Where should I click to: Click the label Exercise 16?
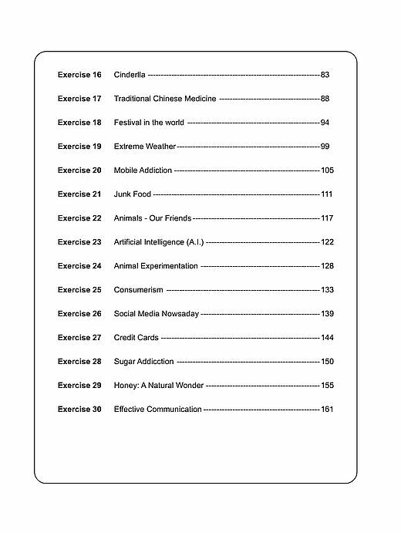point(79,75)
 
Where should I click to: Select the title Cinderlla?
point(130,75)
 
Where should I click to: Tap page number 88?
point(325,99)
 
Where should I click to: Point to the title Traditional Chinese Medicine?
point(165,99)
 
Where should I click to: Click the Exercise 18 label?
point(79,123)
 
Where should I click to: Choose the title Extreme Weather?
point(145,147)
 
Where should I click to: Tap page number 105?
point(327,170)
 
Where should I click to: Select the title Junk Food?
point(133,194)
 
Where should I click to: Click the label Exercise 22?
point(79,218)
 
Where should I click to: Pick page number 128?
point(327,266)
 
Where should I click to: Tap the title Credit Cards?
point(136,338)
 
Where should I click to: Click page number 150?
point(327,362)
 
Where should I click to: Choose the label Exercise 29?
point(79,386)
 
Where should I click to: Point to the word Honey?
point(125,386)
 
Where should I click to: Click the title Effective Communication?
point(157,410)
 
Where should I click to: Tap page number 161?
point(327,410)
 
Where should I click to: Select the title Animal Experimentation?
point(156,266)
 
